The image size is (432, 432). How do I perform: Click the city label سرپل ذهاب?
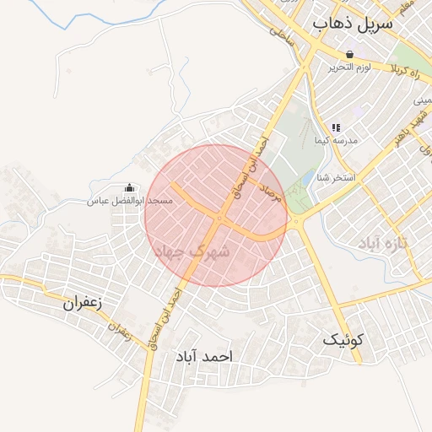point(353,24)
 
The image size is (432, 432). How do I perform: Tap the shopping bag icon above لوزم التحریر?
point(349,54)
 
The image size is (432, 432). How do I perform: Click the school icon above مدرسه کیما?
point(336,128)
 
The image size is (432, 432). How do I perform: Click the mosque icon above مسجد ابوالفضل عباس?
point(129,188)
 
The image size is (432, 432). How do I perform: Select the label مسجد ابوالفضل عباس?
point(131,201)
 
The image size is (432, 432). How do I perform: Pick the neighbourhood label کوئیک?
point(343,340)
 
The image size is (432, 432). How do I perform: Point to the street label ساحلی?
point(279,35)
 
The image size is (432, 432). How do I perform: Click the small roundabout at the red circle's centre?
point(219,219)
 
